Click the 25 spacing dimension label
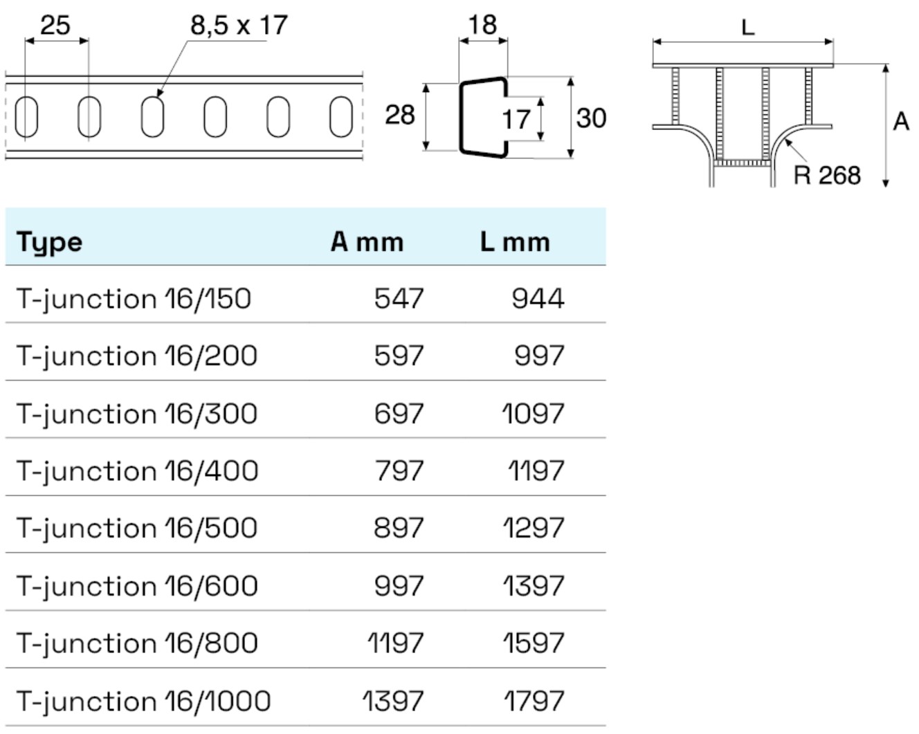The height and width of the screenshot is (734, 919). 55,26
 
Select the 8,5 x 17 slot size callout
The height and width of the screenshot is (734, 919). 239,26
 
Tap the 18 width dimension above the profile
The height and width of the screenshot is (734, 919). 482,25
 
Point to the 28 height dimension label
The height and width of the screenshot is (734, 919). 400,115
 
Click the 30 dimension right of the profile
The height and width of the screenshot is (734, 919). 591,118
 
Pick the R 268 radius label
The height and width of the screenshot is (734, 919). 827,175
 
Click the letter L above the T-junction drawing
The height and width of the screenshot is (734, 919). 747,28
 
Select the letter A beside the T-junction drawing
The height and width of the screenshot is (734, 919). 901,122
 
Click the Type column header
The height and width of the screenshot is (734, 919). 50,242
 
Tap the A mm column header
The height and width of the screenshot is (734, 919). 367,242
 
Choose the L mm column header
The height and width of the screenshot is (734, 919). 515,242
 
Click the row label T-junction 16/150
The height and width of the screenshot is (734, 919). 134,299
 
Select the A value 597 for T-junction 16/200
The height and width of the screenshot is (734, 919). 399,356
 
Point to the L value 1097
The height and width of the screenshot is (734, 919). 533,414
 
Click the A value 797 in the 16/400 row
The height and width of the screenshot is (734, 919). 399,471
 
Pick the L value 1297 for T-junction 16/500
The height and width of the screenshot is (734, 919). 533,529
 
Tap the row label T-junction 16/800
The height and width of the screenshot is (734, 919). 137,643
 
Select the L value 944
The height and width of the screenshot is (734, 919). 538,299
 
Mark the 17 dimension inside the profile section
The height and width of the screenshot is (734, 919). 516,120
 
